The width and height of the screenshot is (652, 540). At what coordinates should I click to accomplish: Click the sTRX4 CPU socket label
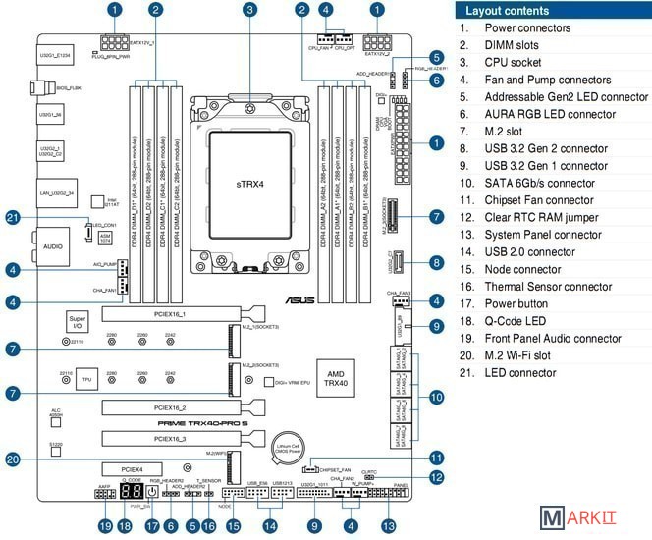click(249, 183)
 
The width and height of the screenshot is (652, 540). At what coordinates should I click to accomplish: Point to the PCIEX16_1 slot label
click(170, 314)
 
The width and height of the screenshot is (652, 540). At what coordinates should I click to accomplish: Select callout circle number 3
click(250, 10)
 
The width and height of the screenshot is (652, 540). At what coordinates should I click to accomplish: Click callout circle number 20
click(13, 459)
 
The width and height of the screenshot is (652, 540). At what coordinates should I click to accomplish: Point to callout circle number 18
click(125, 526)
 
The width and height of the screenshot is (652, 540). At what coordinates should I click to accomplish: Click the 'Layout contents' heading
click(509, 11)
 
